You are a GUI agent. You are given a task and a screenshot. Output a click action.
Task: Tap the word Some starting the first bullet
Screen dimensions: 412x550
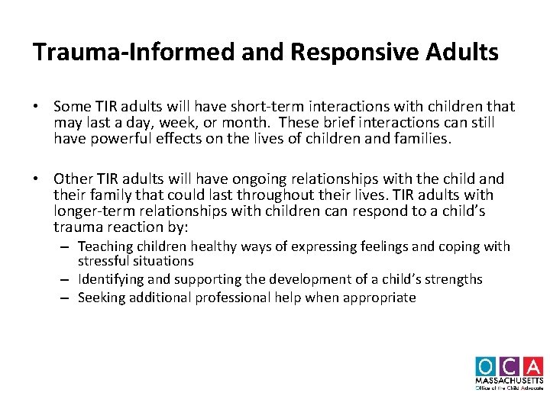(x=72, y=107)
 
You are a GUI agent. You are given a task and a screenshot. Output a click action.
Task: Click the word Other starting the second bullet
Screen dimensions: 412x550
(x=74, y=179)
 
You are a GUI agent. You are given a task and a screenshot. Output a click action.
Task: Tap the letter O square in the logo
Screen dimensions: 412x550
(x=487, y=366)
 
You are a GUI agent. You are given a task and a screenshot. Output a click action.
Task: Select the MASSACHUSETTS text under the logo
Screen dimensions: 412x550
(x=509, y=380)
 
